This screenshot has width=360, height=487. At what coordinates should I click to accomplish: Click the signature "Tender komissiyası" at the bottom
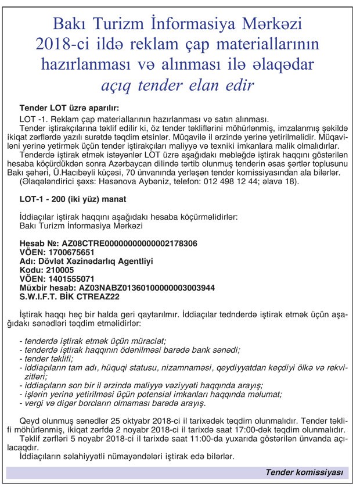tap(304, 472)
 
